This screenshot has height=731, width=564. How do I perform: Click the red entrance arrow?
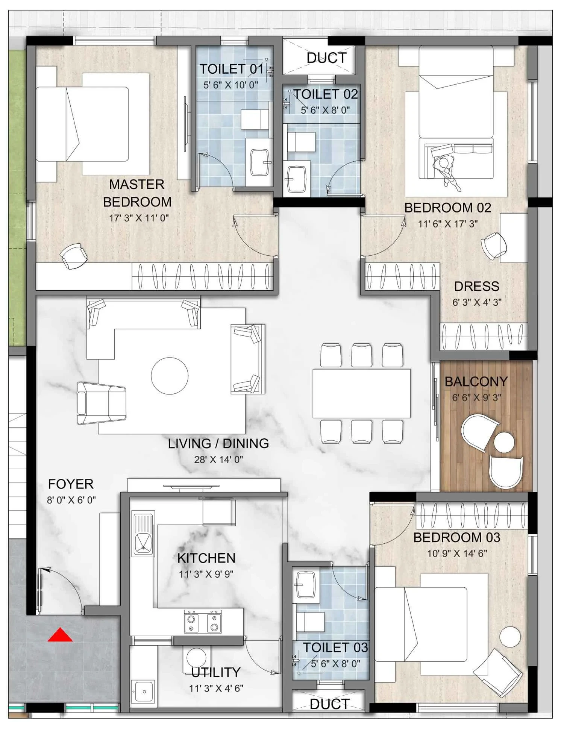tap(60, 635)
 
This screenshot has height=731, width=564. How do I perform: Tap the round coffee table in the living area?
tap(170, 376)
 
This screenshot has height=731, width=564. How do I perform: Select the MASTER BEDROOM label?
tap(137, 193)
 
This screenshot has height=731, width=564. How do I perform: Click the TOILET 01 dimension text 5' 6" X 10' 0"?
tap(230, 85)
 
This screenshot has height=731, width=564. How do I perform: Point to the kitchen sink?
tap(143, 533)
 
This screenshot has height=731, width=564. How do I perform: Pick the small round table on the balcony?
tap(504, 443)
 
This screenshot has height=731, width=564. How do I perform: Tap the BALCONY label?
tap(476, 381)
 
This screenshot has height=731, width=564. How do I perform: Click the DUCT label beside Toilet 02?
tap(326, 58)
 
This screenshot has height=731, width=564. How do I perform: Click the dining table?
tap(361, 393)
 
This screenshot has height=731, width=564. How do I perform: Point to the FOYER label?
tap(71, 484)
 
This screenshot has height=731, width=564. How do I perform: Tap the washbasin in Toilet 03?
tap(306, 585)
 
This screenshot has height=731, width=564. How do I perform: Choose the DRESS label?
tap(477, 287)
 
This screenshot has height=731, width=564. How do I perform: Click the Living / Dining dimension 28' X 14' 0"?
tap(218, 460)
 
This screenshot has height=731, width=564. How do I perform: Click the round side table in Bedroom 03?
tap(510, 637)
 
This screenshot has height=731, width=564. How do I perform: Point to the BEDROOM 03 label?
tap(457, 537)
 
